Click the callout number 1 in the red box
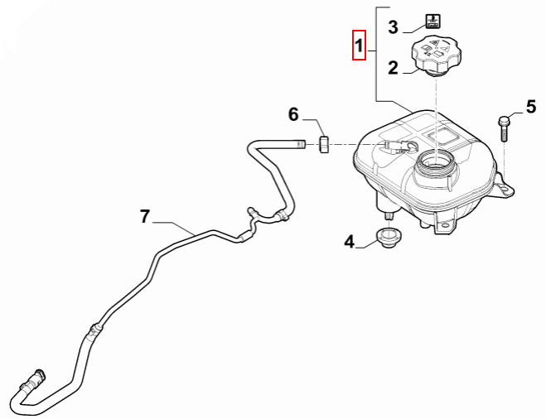[359, 46]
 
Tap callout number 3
[394, 26]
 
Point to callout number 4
[350, 242]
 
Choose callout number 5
[531, 106]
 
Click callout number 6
[293, 114]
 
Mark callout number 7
[145, 217]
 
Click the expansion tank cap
[432, 55]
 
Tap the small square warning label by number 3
[431, 20]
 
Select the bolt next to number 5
[505, 129]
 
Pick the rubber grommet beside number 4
[386, 238]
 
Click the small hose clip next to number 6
[325, 145]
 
